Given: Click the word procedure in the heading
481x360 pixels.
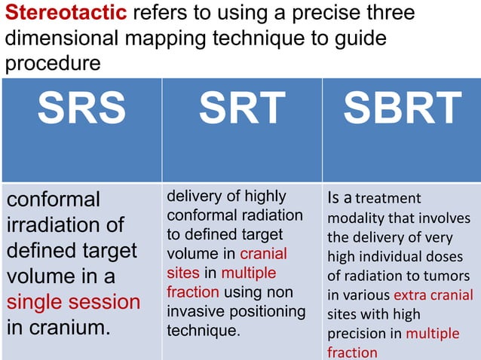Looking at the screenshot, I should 52,64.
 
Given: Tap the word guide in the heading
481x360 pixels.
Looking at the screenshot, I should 359,38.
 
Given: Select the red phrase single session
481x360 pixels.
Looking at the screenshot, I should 73,303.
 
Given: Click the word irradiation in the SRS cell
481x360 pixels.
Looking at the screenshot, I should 55,225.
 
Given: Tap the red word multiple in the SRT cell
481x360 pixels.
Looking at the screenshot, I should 248,273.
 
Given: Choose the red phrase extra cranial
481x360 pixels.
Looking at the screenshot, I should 433,294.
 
